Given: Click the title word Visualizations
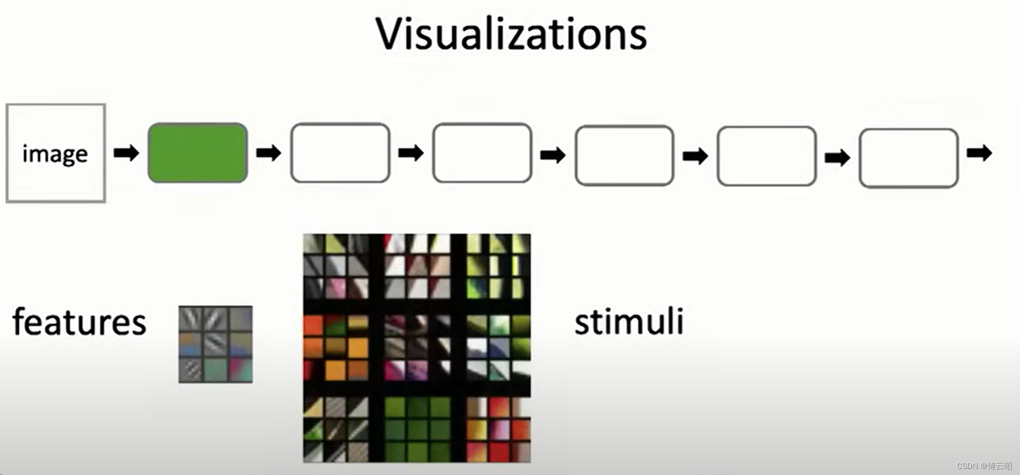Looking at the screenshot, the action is (511, 34).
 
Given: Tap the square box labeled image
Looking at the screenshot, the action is (56, 153).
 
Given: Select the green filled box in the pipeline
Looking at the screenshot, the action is (197, 153).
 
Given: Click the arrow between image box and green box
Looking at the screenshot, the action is (126, 153).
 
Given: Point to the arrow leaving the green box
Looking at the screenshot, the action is (269, 153).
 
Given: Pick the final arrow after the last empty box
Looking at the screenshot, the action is (979, 153).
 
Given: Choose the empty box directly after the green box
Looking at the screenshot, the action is (340, 153).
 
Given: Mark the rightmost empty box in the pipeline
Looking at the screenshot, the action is (909, 158).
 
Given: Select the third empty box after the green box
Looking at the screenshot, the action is (624, 155).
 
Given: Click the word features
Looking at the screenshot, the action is (79, 322).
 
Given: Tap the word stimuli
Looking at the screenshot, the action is (629, 322).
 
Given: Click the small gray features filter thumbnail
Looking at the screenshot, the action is (216, 344).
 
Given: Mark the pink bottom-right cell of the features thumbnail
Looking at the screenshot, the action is (241, 370).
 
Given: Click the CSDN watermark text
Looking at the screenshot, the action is (984, 466).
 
